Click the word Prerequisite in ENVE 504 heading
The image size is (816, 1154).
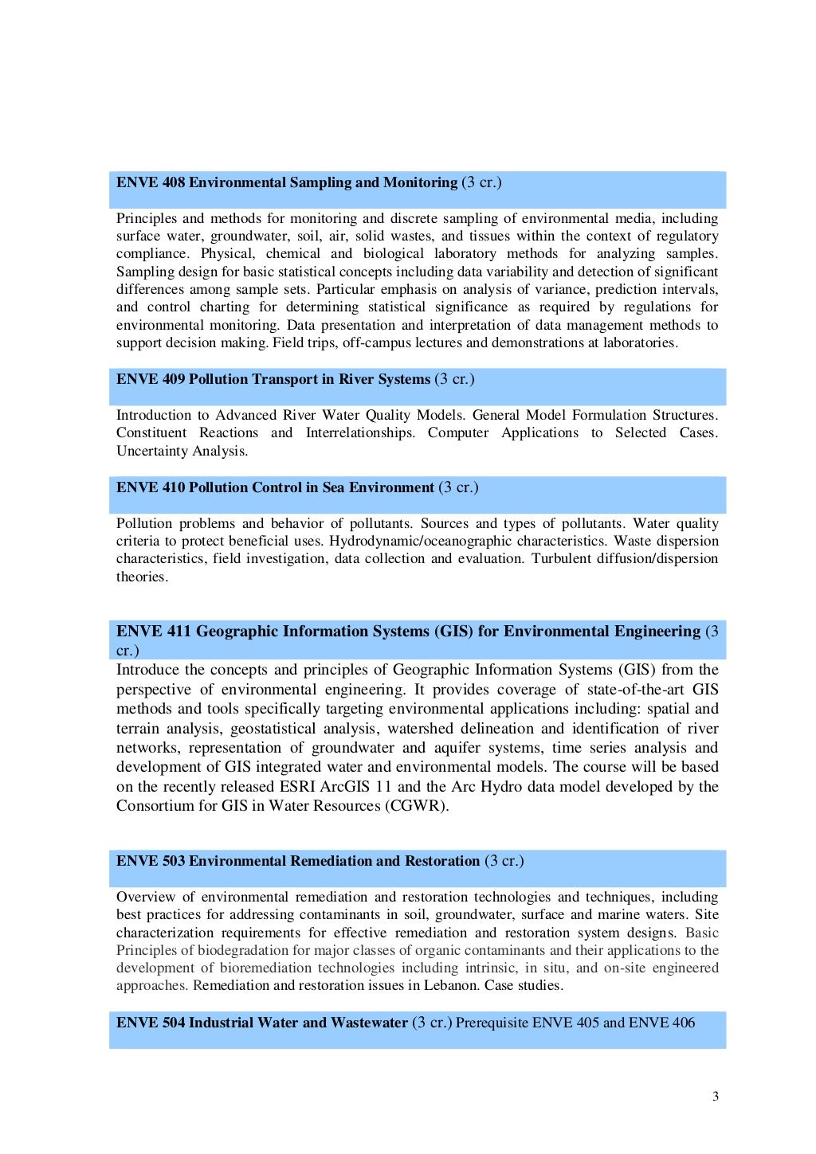click(492, 1023)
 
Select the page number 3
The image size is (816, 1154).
click(715, 1096)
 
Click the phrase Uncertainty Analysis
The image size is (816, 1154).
click(182, 451)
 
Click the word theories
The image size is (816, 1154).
click(142, 577)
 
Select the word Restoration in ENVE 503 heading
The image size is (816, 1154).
click(442, 861)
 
